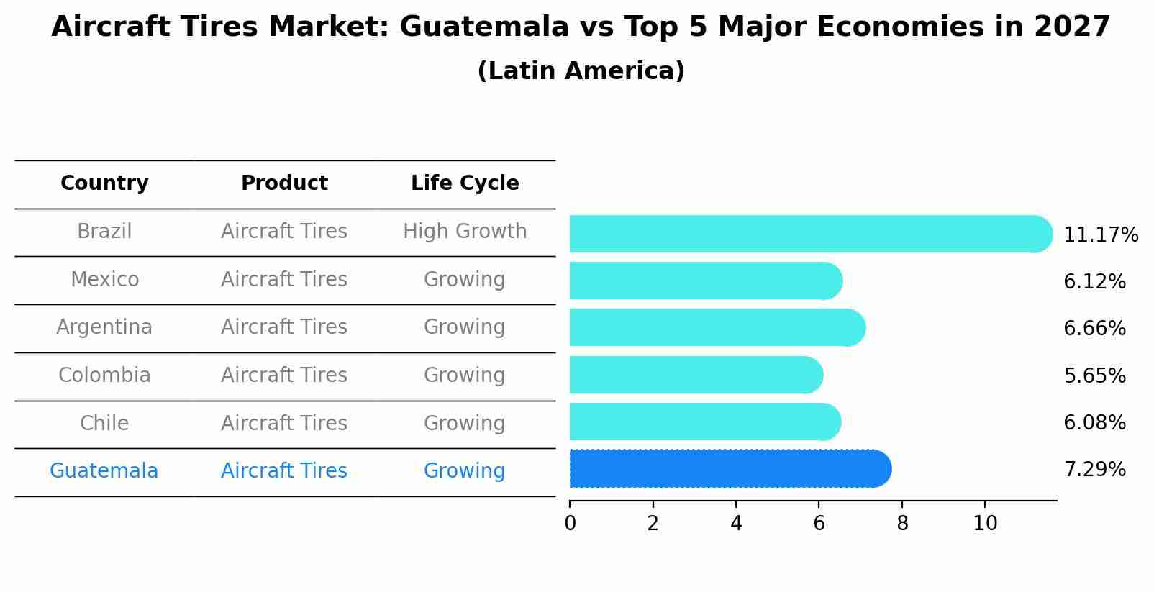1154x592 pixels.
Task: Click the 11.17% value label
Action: click(1100, 235)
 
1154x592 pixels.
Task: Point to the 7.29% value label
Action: click(1094, 470)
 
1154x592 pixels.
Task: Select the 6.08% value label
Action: click(1094, 423)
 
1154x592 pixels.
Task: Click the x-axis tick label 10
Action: click(985, 524)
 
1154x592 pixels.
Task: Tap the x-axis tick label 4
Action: click(736, 524)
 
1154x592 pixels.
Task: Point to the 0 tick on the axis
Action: click(570, 524)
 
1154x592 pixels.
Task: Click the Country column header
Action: click(104, 183)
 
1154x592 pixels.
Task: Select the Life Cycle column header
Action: click(465, 183)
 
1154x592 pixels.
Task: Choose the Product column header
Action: click(284, 183)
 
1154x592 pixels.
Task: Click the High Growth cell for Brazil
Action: click(465, 232)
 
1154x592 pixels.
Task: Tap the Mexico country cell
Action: click(104, 279)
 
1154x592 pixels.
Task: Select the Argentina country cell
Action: click(104, 327)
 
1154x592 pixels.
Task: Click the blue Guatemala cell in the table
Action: click(104, 471)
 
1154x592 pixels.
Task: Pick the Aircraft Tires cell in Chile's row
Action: click(284, 423)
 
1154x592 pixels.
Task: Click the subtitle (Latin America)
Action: click(581, 71)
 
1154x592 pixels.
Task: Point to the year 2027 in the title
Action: click(1072, 27)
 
